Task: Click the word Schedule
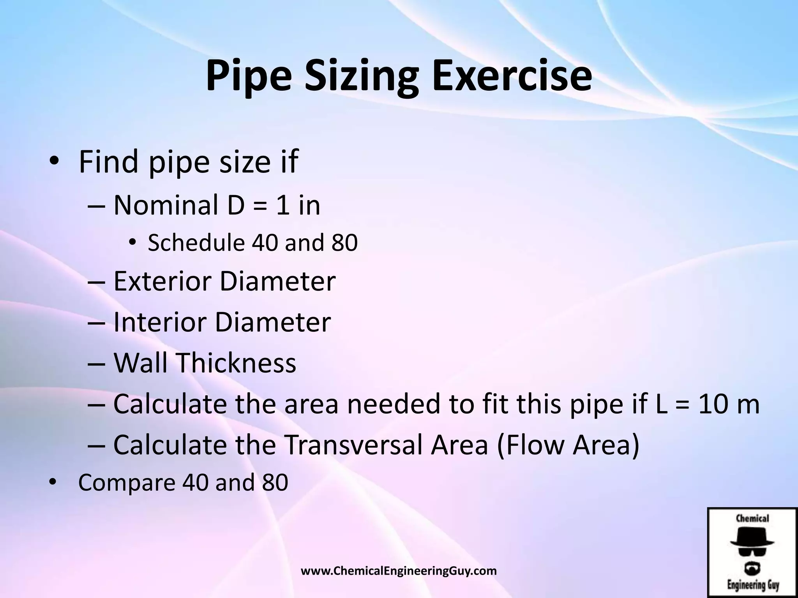(196, 243)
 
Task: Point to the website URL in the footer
(399, 571)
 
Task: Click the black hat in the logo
(752, 537)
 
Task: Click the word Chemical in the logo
(752, 518)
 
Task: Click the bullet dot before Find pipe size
(53, 161)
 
